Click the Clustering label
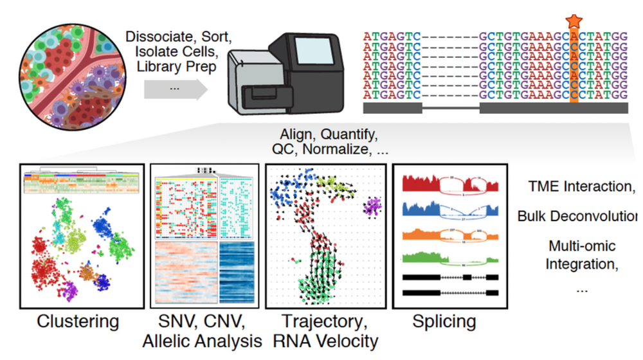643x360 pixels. click(x=78, y=321)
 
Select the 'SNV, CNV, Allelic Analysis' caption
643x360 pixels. click(x=206, y=330)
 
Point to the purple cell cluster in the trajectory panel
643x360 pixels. click(x=371, y=207)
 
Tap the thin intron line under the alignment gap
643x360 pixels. click(x=451, y=108)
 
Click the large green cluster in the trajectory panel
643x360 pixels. click(x=321, y=276)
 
